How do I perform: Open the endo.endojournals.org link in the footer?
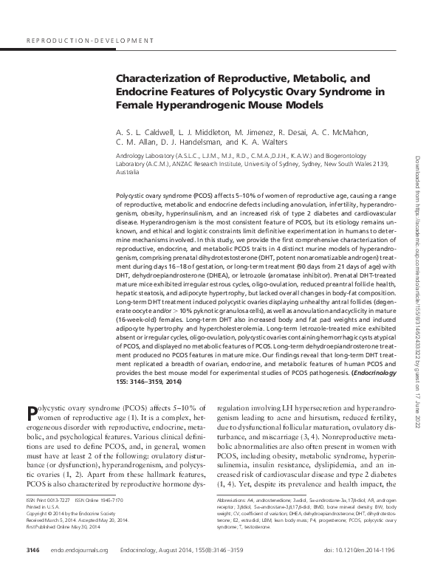click(80, 550)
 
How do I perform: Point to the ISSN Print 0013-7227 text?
click(51, 500)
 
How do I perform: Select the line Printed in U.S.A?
click(42, 506)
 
